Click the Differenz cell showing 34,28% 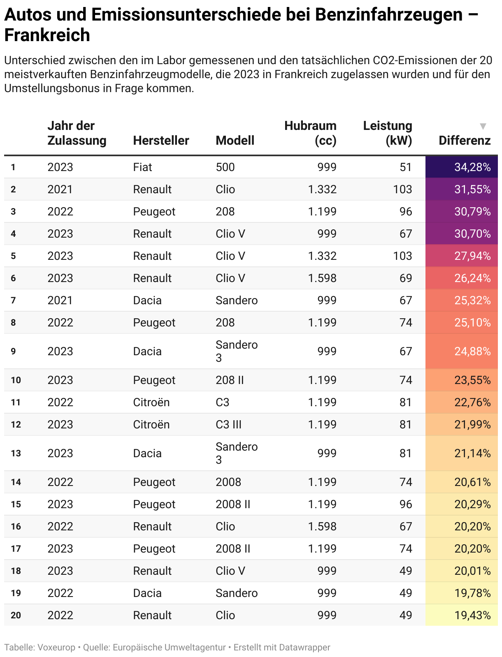pos(472,167)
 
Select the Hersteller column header pos(161,141)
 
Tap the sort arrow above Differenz pos(483,126)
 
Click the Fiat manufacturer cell pos(142,167)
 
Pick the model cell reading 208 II pos(230,380)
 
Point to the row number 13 pos(16,453)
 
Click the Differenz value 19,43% pos(472,615)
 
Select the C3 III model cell pos(228,424)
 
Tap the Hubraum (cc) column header pos(310,133)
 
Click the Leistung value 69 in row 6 pos(405,278)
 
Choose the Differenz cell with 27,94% pos(472,256)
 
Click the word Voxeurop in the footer pos(56,648)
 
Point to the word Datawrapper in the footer pos(304,648)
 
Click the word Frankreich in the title pos(47,35)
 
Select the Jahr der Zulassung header pos(77,133)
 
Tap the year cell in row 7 pos(60,300)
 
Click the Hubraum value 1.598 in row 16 pos(322,526)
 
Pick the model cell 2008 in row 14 pos(228,482)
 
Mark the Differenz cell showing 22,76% pos(472,402)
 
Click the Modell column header pos(235,141)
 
